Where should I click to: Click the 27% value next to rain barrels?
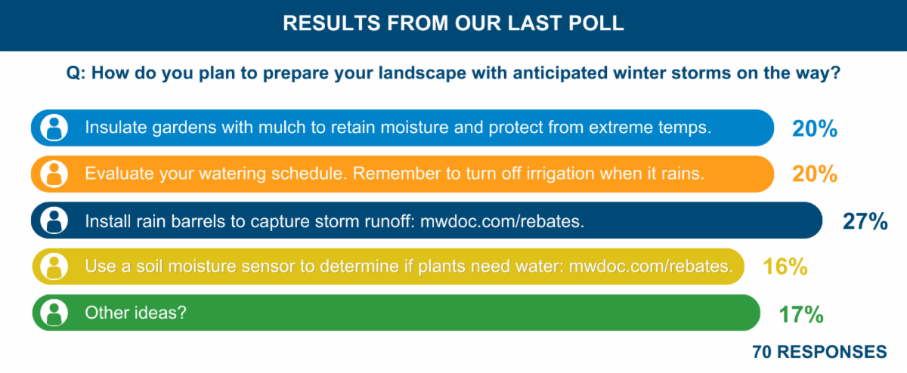(865, 221)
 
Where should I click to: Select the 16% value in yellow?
(785, 267)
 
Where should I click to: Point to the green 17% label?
(801, 314)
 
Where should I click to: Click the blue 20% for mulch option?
(814, 128)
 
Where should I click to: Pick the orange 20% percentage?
(814, 174)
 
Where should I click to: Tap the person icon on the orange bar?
(54, 174)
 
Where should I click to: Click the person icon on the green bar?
(54, 313)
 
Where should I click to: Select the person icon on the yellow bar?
(54, 267)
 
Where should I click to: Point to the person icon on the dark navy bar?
(54, 220)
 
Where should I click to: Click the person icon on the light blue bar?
(54, 128)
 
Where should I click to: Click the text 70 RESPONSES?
(819, 352)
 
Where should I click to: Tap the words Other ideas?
(135, 313)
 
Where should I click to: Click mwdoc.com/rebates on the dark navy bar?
(502, 221)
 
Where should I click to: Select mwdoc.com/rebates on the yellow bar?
(651, 267)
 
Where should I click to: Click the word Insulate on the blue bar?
(116, 128)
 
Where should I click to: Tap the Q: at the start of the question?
(76, 73)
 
